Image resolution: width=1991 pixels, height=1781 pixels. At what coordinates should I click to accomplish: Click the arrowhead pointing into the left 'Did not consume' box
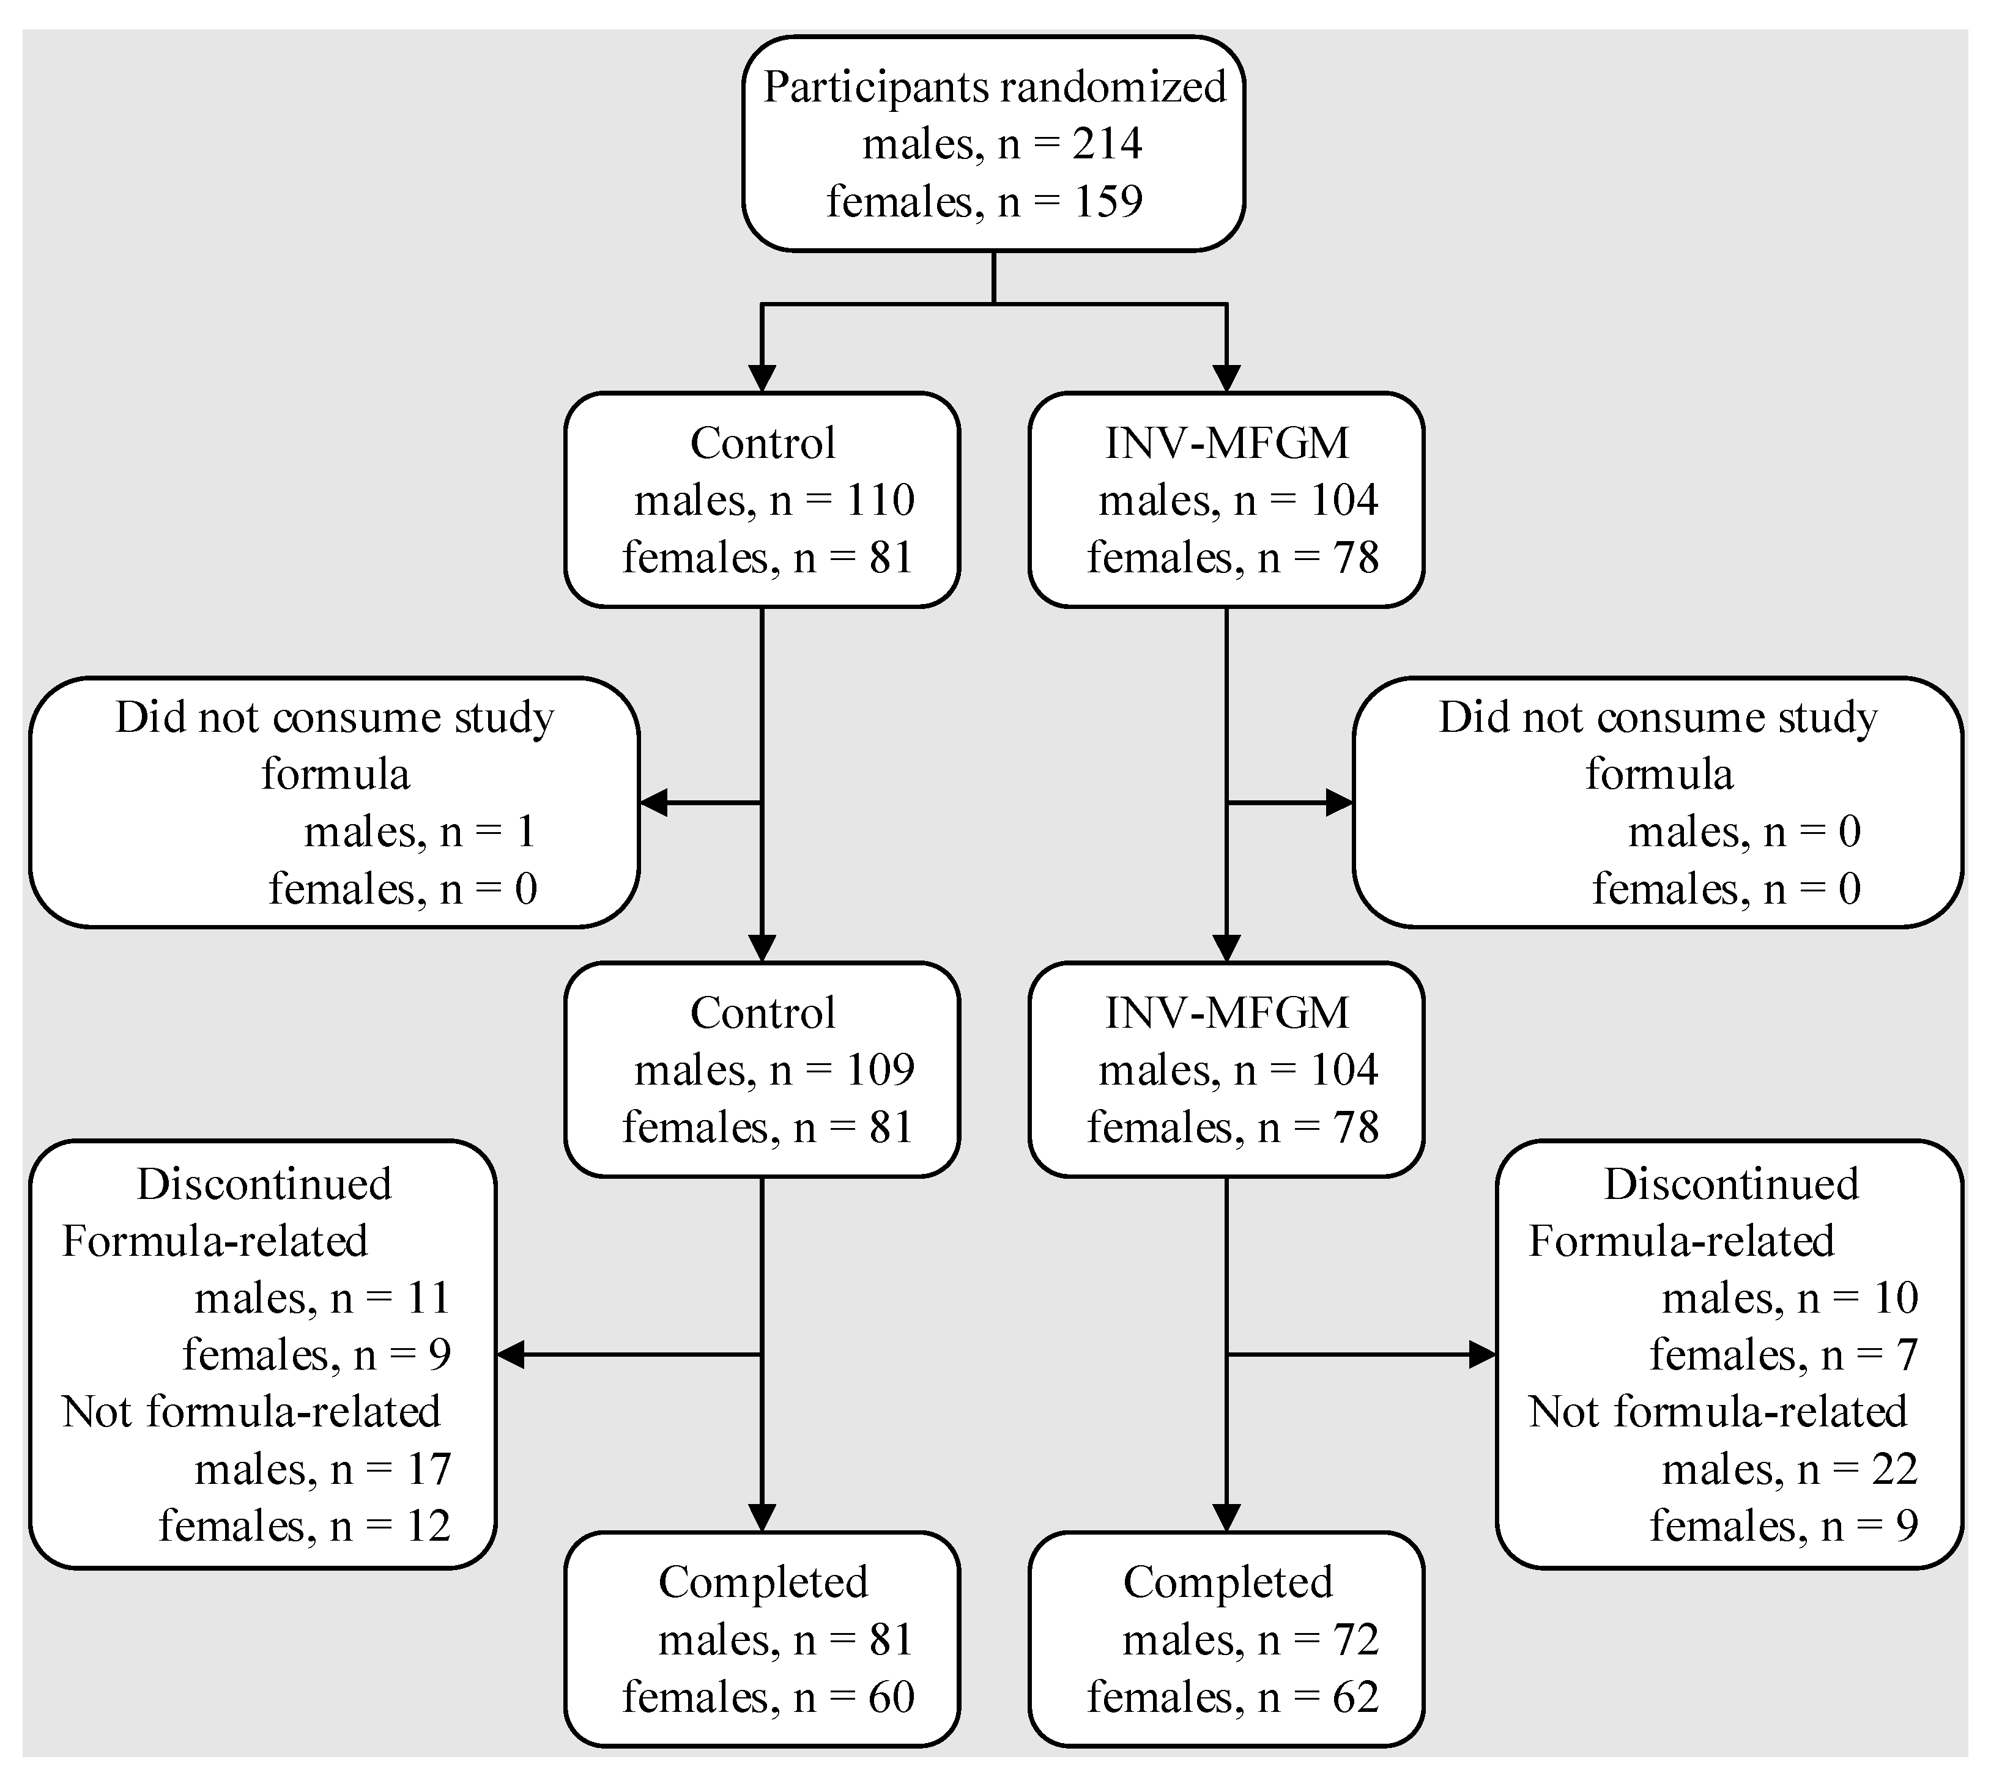click(x=653, y=802)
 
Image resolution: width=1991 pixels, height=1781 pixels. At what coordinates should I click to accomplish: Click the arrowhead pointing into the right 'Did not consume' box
click(x=1339, y=802)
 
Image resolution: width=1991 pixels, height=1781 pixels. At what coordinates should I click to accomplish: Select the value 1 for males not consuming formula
click(x=525, y=832)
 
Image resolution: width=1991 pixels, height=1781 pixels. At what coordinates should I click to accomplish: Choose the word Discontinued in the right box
click(x=1730, y=1184)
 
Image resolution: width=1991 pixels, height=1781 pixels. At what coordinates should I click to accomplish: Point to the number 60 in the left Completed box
click(x=891, y=1697)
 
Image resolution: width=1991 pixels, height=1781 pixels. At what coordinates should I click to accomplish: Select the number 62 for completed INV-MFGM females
click(x=1355, y=1697)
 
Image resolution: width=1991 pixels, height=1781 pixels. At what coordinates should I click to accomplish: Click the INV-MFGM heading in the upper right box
click(x=1226, y=443)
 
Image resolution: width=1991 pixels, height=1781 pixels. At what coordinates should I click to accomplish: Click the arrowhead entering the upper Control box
click(x=762, y=378)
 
